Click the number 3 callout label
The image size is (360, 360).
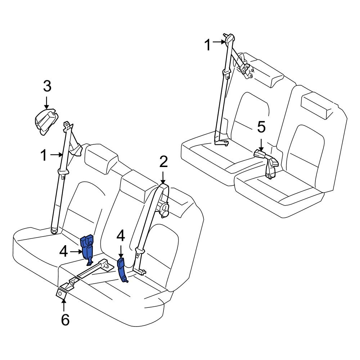coord(47,87)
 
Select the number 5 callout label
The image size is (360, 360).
coord(261,127)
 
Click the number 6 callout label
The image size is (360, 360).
coord(65,319)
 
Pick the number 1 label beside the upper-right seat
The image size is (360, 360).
coord(208,45)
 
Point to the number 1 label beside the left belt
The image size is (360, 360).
coord(44,156)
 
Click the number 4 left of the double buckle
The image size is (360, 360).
coord(63,252)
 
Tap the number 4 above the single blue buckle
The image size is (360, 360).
coord(121,236)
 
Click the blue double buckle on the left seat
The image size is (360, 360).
coord(87,246)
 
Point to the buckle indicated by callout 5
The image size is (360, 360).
coord(260,154)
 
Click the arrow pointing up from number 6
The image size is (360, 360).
coord(64,305)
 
